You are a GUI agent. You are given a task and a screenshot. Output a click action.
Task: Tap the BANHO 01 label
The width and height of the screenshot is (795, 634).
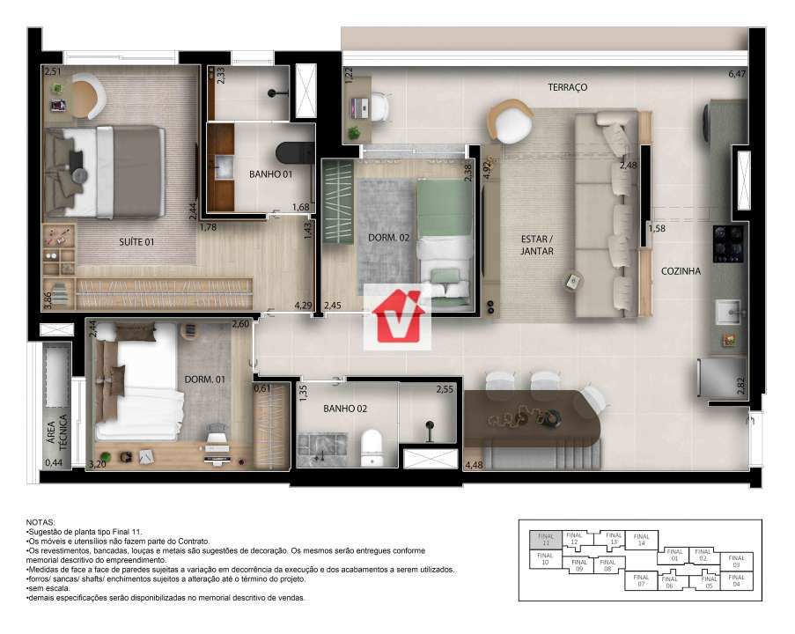pos(270,174)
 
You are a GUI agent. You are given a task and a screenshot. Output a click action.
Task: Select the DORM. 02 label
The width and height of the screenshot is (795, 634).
pos(388,237)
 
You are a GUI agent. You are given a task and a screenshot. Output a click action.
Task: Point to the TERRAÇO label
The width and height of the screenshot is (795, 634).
pos(567,87)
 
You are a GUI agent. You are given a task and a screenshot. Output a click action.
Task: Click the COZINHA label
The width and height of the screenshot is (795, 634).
pos(681,271)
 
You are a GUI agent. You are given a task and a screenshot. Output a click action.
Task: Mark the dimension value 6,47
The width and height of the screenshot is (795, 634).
pos(737,75)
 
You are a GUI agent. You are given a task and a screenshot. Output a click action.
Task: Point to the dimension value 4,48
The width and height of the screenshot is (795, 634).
pos(474,464)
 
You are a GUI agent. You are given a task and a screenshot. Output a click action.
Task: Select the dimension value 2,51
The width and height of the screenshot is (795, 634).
pos(53,72)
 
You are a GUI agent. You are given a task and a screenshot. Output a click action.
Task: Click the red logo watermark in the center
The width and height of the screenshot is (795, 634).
pos(398,315)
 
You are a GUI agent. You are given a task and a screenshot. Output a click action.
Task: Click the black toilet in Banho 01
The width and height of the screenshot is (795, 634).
pos(295,153)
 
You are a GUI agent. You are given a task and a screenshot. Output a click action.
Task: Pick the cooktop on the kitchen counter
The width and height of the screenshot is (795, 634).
pos(729,244)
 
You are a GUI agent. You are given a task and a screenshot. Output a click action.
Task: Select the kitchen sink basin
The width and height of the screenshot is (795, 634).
pos(728,310)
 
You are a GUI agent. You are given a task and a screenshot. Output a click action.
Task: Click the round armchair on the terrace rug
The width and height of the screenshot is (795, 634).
pos(510,121)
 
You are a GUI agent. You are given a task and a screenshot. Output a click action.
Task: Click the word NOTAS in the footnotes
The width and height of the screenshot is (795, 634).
pos(40,522)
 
